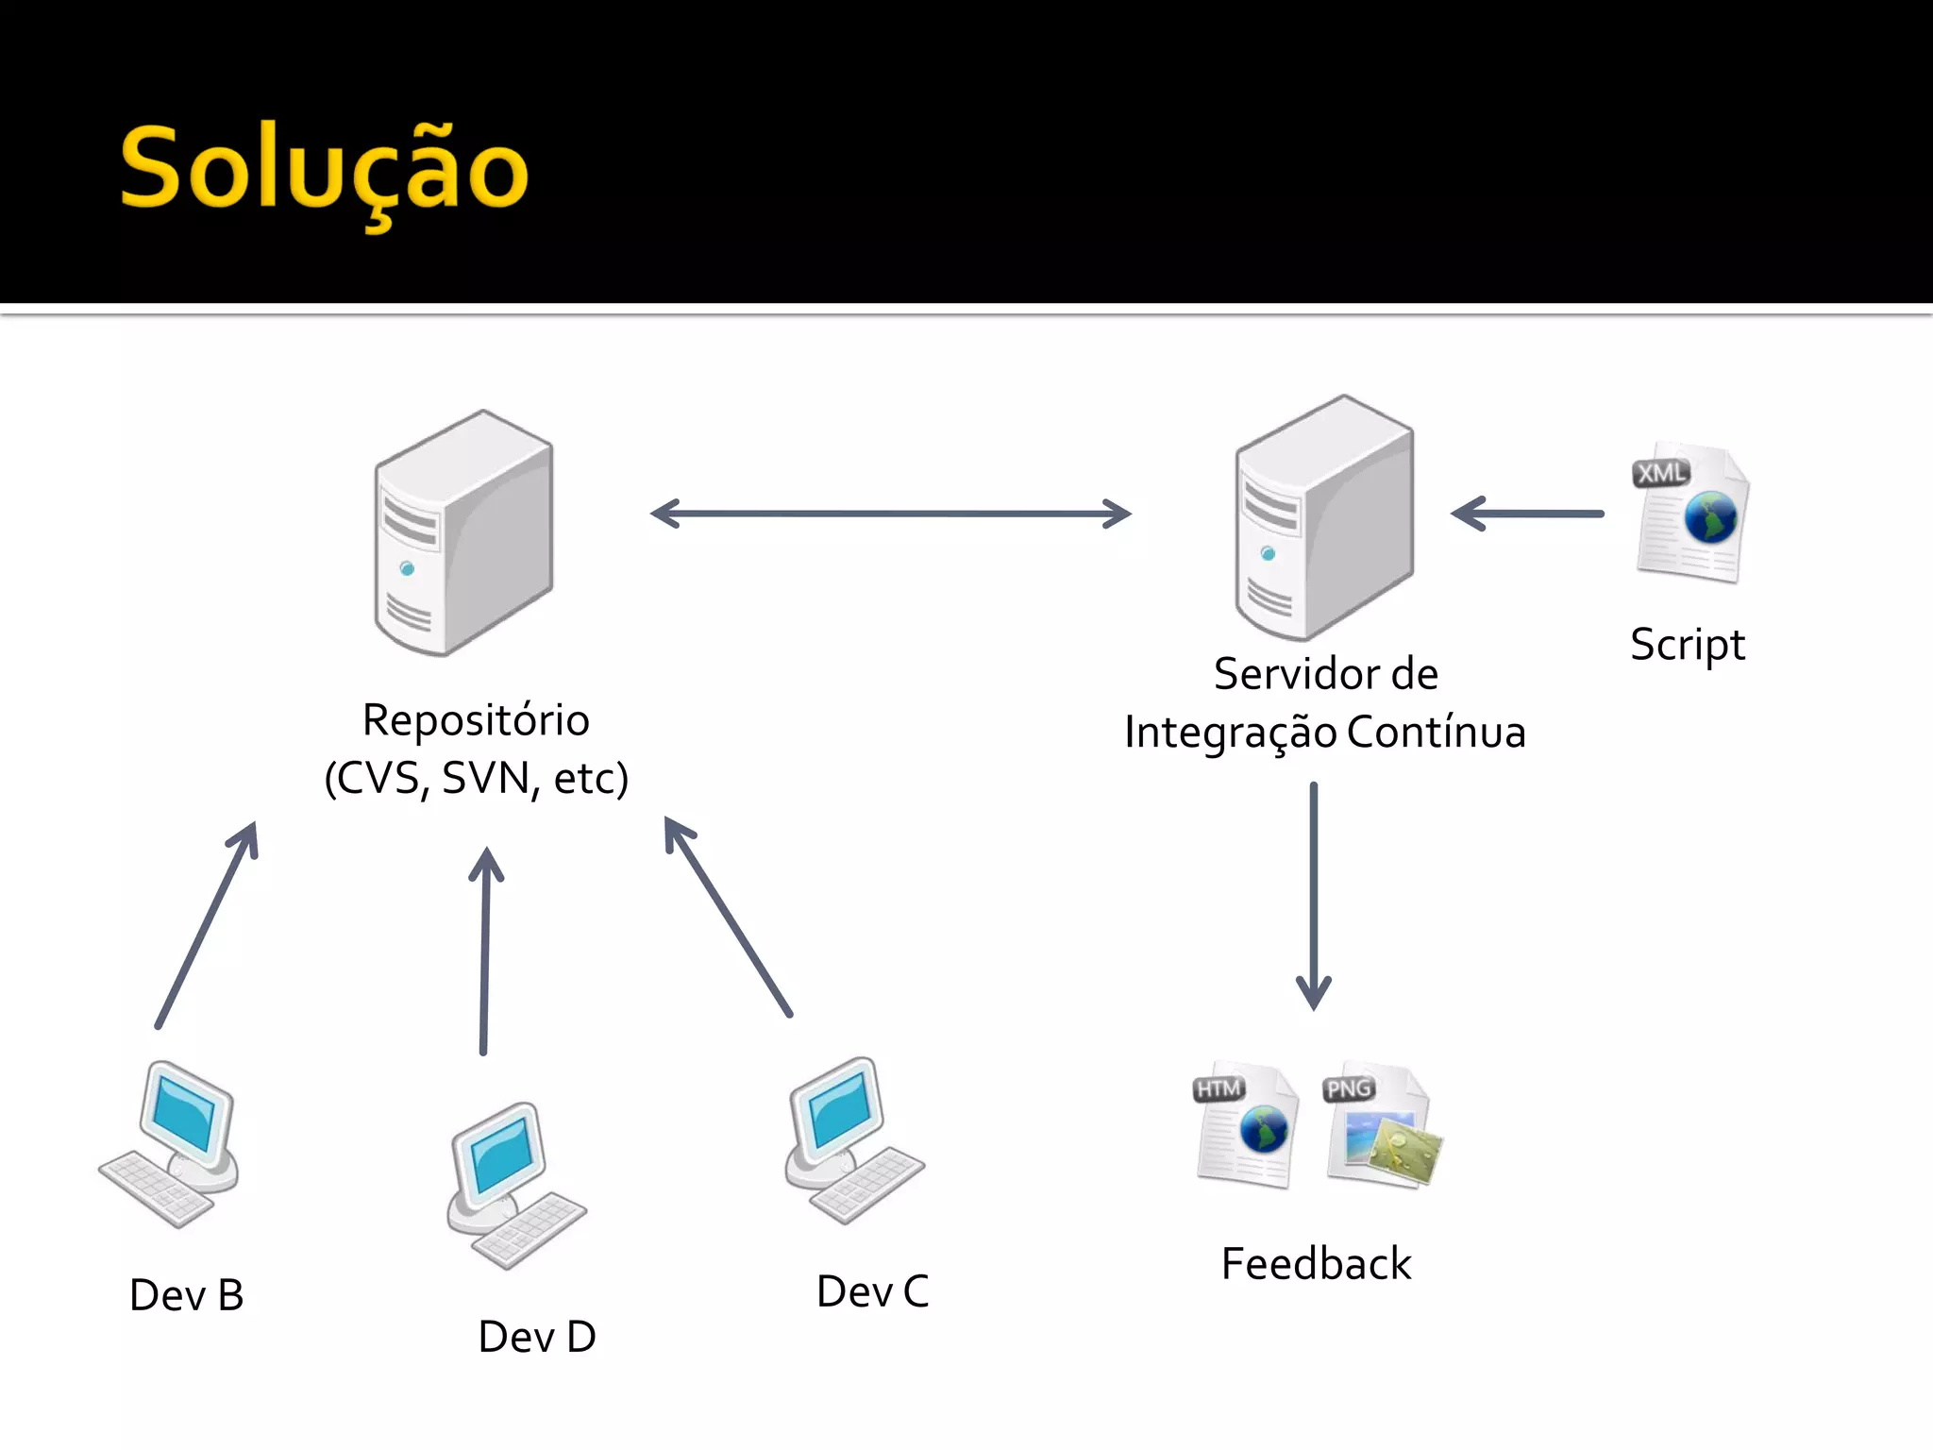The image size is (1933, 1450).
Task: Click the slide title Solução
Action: pos(324,170)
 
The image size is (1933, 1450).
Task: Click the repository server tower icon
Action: pos(463,533)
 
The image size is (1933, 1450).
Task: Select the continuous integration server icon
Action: pos(1324,518)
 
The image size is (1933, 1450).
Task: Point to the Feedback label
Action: pos(1316,1264)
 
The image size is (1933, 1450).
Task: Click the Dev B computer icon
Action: pos(171,1143)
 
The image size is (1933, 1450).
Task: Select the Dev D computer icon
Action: pos(515,1185)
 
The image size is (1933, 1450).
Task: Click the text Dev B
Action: pos(187,1295)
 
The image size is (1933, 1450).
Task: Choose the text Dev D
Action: pos(537,1337)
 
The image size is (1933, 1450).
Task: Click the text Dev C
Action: pos(872,1291)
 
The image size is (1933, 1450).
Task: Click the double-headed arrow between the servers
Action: pos(890,514)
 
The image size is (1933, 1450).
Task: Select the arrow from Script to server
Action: pos(1527,514)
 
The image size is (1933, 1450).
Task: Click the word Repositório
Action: pos(476,720)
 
